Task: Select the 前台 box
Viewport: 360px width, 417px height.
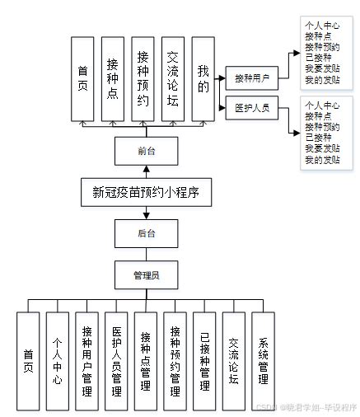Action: pyautogui.click(x=146, y=152)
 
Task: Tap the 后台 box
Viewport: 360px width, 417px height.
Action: pyautogui.click(x=146, y=234)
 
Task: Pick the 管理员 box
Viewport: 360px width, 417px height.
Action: pyautogui.click(x=146, y=274)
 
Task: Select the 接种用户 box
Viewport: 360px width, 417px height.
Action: pyautogui.click(x=252, y=79)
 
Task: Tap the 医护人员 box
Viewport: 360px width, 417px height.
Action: pyautogui.click(x=252, y=108)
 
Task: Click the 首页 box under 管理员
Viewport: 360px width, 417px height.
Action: pyautogui.click(x=29, y=360)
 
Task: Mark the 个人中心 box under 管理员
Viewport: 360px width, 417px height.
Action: pyautogui.click(x=58, y=360)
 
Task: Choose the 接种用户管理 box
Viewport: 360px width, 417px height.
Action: pyautogui.click(x=86, y=360)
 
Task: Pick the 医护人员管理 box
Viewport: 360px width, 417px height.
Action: pyautogui.click(x=116, y=360)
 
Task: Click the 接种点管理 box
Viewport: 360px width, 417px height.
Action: pyautogui.click(x=145, y=360)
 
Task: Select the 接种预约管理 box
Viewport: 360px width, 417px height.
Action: pyautogui.click(x=175, y=360)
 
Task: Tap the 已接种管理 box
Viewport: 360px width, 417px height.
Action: pyautogui.click(x=204, y=360)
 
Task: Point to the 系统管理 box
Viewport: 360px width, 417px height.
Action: pyautogui.click(x=263, y=360)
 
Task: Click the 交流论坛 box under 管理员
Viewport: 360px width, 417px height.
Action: pyautogui.click(x=234, y=360)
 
